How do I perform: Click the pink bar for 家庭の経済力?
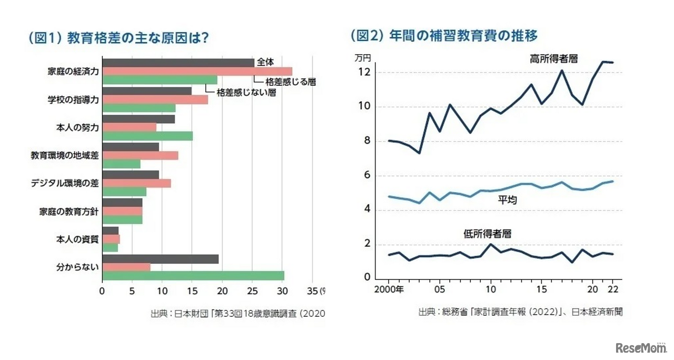(197, 72)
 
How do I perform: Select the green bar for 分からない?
(193, 276)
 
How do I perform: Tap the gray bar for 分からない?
(160, 259)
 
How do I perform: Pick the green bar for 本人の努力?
(147, 136)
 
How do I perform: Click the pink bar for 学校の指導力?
(155, 99)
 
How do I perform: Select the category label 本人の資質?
(77, 239)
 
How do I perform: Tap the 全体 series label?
(266, 62)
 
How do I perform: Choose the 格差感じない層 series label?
(246, 92)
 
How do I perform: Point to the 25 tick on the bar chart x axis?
(252, 291)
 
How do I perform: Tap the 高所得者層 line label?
(553, 59)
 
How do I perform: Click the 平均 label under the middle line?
(507, 200)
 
